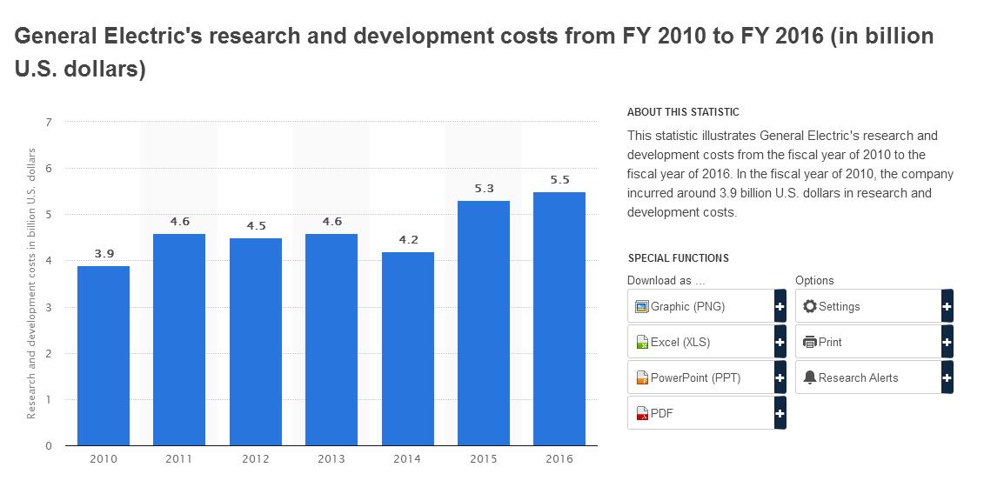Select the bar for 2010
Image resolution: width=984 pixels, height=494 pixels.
point(104,356)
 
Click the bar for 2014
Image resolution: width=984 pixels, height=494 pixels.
point(407,349)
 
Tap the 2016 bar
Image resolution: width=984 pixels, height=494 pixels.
point(559,318)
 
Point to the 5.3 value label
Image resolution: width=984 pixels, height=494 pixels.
point(484,188)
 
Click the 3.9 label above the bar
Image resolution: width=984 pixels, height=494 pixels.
point(104,253)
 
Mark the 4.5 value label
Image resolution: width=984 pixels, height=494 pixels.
point(256,225)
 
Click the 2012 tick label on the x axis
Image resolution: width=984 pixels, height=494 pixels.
point(256,459)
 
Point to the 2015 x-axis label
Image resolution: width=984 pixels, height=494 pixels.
point(484,459)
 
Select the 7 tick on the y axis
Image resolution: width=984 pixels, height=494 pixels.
point(49,122)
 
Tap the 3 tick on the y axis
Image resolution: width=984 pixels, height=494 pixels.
point(49,307)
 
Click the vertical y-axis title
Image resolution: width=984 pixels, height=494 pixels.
point(31,284)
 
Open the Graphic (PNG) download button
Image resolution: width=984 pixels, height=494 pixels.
point(700,306)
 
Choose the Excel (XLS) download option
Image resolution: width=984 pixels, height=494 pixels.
point(700,342)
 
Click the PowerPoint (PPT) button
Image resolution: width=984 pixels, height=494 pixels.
point(700,377)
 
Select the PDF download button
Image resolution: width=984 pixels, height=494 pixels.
point(700,413)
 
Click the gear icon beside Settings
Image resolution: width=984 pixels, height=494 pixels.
point(810,306)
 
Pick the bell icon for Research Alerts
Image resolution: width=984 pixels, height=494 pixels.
point(810,377)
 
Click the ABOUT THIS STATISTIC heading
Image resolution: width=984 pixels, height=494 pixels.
point(683,112)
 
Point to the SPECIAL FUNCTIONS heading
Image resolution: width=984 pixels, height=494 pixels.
point(678,258)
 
